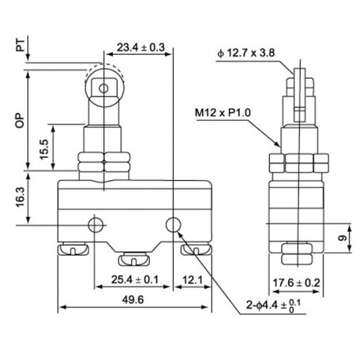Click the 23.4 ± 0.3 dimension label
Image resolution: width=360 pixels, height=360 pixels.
tap(140, 47)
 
